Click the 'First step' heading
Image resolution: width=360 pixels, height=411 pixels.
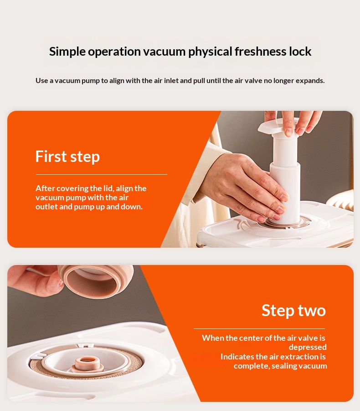click(x=67, y=157)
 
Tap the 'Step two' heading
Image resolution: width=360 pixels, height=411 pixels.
click(x=293, y=311)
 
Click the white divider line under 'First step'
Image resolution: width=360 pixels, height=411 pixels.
click(x=102, y=174)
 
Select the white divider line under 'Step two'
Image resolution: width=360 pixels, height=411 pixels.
click(x=259, y=328)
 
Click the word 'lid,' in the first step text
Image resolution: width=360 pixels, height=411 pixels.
click(x=108, y=188)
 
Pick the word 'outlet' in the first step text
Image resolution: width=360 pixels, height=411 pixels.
click(x=46, y=207)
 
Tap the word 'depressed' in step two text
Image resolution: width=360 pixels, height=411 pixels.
click(x=308, y=347)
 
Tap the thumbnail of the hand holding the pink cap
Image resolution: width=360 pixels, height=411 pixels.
click(x=61, y=282)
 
